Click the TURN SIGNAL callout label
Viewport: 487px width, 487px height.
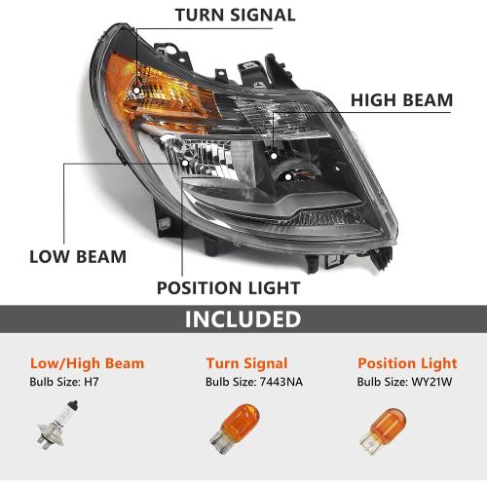(x=236, y=15)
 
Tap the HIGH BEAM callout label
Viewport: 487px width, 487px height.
(x=401, y=100)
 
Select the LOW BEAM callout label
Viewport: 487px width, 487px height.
(x=78, y=257)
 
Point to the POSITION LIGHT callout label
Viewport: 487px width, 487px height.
(x=229, y=288)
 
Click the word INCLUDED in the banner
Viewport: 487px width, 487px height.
(x=243, y=318)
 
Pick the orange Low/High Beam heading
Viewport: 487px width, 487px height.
(x=87, y=363)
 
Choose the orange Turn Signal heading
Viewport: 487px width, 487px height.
(x=246, y=363)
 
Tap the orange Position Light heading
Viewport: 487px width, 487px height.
(x=407, y=363)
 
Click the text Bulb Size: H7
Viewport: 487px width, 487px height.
(x=64, y=382)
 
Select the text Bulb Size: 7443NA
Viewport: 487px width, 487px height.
(x=254, y=382)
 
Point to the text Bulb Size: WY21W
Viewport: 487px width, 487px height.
(x=404, y=382)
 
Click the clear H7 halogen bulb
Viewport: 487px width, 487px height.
(x=57, y=425)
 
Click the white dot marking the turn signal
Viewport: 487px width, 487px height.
(x=136, y=91)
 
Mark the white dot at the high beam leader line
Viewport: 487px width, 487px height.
(x=274, y=156)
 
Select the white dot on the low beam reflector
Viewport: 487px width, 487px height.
(x=185, y=163)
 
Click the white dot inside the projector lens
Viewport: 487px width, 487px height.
(x=288, y=177)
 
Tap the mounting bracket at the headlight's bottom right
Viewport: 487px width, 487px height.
(x=381, y=257)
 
